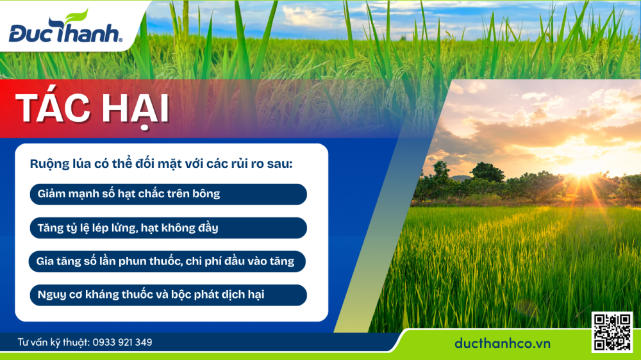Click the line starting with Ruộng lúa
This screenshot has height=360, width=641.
[x=161, y=163]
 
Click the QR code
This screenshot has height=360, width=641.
[x=612, y=331]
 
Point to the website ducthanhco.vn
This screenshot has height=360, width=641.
[x=503, y=343]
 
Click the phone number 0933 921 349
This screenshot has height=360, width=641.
[x=122, y=342]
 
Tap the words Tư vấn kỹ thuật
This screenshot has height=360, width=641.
[x=53, y=342]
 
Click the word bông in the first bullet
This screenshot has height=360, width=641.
[x=206, y=194]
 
